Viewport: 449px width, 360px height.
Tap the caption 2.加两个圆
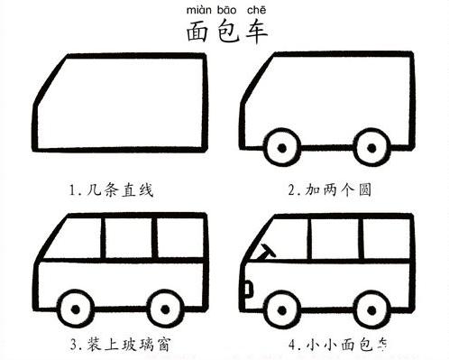330,190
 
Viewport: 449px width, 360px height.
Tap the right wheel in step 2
370,145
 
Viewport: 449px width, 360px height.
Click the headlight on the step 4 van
246,290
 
